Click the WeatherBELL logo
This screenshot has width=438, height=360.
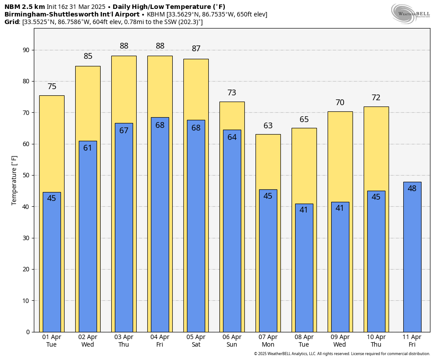410,13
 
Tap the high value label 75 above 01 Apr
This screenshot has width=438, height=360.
52,87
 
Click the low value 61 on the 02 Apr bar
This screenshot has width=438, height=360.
88,148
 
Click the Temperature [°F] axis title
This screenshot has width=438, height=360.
14,180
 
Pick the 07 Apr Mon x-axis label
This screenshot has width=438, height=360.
268,341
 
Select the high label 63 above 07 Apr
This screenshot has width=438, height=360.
268,126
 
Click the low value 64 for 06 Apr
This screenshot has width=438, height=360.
232,137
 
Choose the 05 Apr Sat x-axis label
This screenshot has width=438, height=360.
196,341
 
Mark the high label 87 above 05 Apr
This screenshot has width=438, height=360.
196,49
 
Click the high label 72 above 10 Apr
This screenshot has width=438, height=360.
376,98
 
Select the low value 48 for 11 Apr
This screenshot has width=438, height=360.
412,188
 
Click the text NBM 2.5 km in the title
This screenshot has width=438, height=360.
24,7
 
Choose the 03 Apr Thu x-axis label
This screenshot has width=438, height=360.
124,341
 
